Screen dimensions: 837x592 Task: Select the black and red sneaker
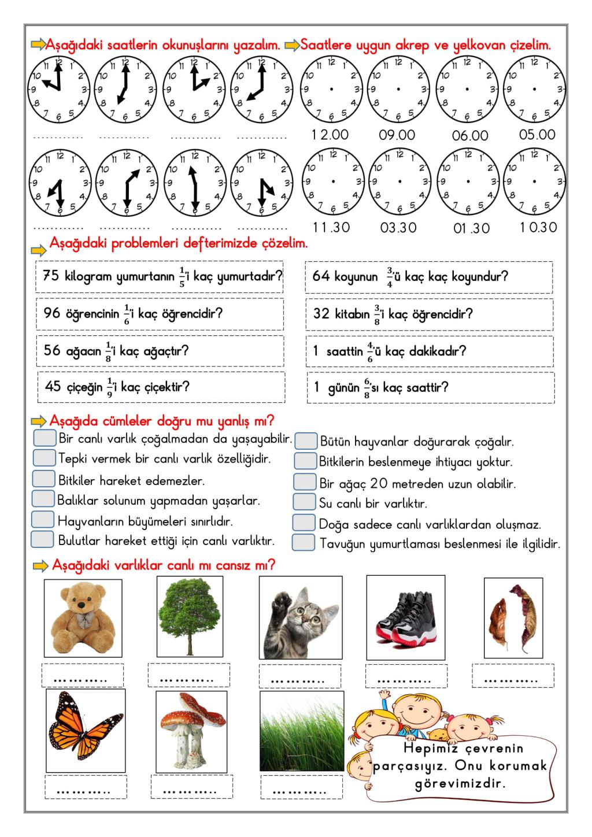(406, 617)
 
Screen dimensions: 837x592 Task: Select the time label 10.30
(538, 227)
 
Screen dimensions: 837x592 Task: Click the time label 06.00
(470, 136)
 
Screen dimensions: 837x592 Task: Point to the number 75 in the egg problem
(51, 276)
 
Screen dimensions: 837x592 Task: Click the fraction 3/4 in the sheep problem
(390, 276)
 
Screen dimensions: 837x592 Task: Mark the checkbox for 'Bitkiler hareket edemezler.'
(43, 479)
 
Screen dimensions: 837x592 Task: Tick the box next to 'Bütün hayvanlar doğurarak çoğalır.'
(306, 441)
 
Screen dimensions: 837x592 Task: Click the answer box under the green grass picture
(301, 787)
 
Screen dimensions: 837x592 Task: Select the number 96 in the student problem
(52, 313)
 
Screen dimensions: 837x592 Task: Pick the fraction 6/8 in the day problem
(367, 387)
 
